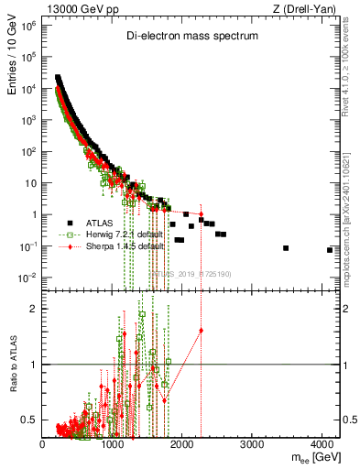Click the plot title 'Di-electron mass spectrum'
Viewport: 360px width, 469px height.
pyautogui.click(x=192, y=35)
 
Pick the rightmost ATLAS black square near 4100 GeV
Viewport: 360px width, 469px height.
pyautogui.click(x=329, y=250)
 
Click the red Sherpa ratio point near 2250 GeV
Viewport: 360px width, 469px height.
pyautogui.click(x=201, y=330)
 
